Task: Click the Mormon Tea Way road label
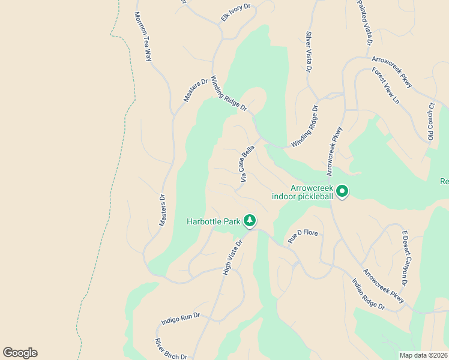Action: tap(143, 37)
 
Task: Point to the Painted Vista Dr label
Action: tap(365, 23)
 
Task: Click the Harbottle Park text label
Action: tap(212, 222)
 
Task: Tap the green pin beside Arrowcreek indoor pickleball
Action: tap(342, 192)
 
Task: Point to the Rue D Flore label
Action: tap(303, 235)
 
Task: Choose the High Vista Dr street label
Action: tap(232, 257)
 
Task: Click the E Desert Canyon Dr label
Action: tap(405, 259)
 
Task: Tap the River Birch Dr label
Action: tap(172, 349)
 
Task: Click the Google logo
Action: tap(20, 353)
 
